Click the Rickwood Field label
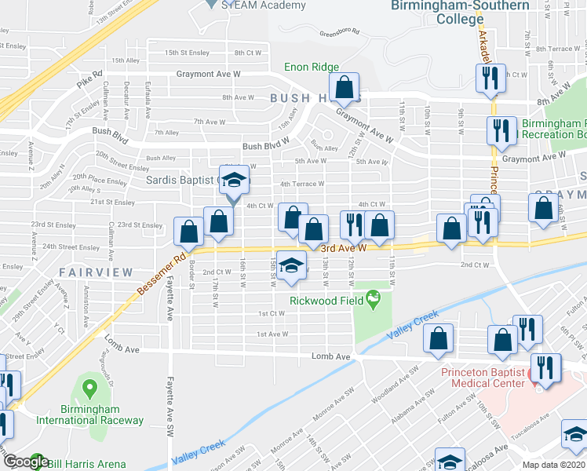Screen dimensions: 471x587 [x=326, y=301]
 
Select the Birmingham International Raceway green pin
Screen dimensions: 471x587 [x=89, y=388]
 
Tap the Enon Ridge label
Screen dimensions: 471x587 [x=312, y=68]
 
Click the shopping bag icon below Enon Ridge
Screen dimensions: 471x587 [x=345, y=87]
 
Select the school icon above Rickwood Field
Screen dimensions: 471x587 [x=291, y=266]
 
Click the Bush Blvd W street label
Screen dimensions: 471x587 [x=266, y=146]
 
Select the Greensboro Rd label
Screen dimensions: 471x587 [x=339, y=33]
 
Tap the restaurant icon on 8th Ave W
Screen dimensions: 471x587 [x=488, y=78]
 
